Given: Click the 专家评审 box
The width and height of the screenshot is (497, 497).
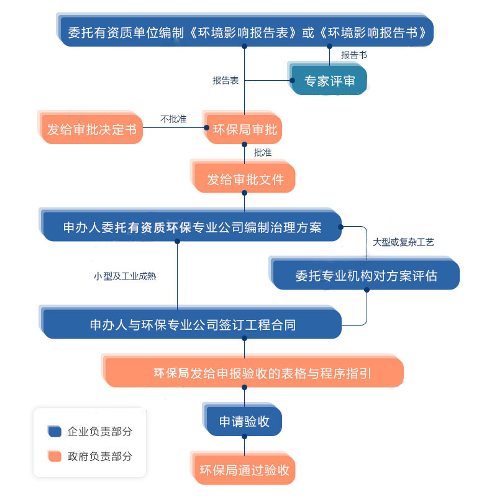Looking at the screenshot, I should click(x=329, y=81).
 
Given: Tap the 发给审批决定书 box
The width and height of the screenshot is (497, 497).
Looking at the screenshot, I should click(x=92, y=130).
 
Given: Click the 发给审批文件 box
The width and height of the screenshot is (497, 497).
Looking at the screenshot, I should click(x=245, y=180).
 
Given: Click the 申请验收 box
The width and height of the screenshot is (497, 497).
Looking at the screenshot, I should click(x=244, y=421).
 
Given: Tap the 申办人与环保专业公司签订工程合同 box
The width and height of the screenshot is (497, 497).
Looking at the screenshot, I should click(x=193, y=324).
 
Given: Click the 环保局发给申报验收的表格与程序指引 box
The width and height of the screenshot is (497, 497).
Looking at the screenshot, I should click(x=255, y=373).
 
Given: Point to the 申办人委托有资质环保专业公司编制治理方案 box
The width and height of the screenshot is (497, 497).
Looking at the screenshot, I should click(x=193, y=227).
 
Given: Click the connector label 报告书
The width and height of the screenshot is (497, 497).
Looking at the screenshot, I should click(x=353, y=55).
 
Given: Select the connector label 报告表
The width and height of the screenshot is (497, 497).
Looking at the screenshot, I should click(x=226, y=80).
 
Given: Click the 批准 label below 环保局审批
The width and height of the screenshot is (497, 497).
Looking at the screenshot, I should click(x=262, y=152).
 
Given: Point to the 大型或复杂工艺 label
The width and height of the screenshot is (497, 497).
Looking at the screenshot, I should click(x=403, y=242).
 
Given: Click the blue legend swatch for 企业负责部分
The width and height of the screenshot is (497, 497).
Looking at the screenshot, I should click(x=54, y=431).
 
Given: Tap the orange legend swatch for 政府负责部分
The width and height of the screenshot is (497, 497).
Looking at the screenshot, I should click(x=54, y=457).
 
